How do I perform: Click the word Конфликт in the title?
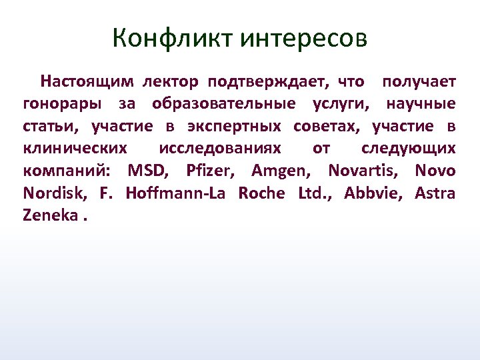[x=173, y=37]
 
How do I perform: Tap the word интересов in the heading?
[x=303, y=37]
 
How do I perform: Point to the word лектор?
[x=169, y=82]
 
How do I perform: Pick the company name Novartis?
[x=363, y=171]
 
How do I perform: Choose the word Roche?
[x=261, y=193]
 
